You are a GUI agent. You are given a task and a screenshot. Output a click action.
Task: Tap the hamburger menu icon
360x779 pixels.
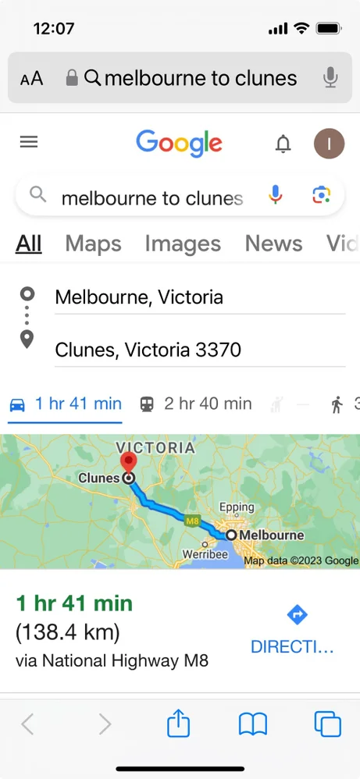pos(29,142)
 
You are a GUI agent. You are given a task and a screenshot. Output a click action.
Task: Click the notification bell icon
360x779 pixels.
pos(283,144)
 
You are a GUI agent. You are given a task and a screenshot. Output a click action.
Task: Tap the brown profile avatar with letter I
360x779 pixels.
pos(329,143)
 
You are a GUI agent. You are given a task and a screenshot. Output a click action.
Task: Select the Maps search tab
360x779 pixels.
pos(93,244)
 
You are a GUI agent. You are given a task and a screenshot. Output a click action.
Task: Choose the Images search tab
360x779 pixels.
pos(183,244)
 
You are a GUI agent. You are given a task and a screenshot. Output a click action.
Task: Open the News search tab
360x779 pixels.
pos(274,244)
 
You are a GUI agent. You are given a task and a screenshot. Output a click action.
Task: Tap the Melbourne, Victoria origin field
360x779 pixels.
pos(199,297)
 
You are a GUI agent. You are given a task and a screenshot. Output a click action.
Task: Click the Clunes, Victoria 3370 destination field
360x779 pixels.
pos(199,350)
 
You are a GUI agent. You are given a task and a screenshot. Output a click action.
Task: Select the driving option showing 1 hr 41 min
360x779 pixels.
pos(66,404)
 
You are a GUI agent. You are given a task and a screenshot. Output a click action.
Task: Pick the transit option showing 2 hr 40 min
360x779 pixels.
pos(196,404)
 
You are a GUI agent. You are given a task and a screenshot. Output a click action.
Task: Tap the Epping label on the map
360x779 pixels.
pos(237,507)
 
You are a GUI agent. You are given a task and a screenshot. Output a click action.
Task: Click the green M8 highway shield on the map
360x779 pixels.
pos(193,518)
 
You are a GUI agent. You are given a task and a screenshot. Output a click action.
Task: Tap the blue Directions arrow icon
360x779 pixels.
pos(297,615)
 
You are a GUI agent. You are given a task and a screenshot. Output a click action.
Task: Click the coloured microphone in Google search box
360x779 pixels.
pos(275,196)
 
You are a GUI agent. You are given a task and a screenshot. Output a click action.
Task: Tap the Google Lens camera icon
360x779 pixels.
pos(321,196)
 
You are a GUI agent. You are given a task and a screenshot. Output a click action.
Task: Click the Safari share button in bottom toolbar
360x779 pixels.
pos(179,724)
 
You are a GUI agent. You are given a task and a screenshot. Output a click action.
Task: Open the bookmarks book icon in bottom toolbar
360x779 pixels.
pos(253,724)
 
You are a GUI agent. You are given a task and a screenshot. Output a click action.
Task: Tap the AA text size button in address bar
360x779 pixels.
pos(32,78)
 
